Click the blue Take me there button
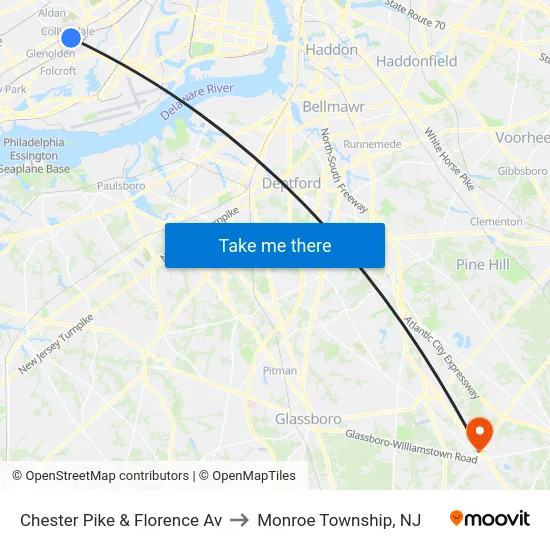275,245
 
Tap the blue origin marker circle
71,38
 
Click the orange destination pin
480,432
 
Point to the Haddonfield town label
416,61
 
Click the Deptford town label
291,183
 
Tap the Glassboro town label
308,419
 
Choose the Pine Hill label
483,264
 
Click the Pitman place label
279,371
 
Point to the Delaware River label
197,103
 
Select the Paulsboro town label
121,185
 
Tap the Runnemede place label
372,144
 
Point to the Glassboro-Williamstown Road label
411,447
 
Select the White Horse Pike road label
449,159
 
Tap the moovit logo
489,519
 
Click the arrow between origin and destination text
240,520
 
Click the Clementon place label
496,222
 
